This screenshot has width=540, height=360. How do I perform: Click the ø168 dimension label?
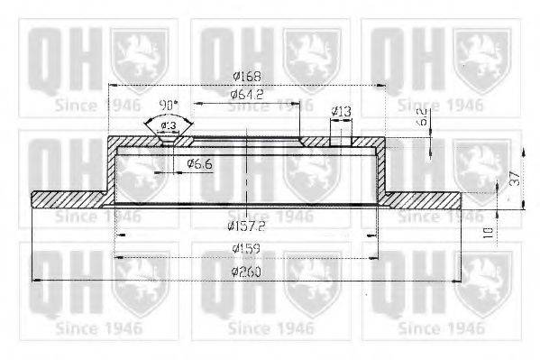click(246, 77)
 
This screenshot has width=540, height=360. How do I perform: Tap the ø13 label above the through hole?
click(341, 111)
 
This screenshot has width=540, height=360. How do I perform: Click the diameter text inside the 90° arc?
click(168, 125)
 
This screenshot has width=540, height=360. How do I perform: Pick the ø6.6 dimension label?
click(197, 163)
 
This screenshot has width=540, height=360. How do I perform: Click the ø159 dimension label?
click(245, 247)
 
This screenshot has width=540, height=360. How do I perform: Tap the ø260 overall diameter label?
click(245, 272)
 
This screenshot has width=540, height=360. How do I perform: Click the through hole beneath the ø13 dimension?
click(341, 140)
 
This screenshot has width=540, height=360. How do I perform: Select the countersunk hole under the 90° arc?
click(168, 139)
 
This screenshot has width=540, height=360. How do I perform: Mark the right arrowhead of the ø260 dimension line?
click(463, 282)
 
